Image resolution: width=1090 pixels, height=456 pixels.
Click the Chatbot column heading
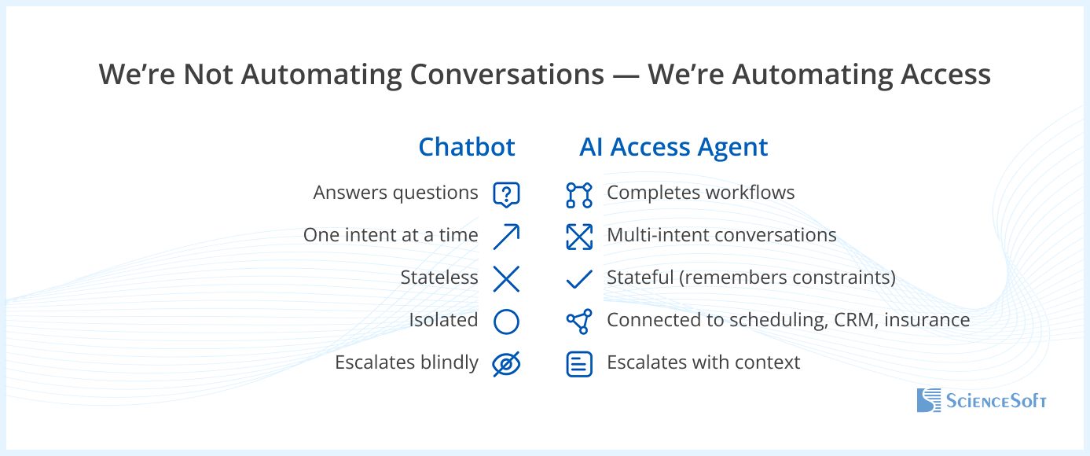click(x=467, y=146)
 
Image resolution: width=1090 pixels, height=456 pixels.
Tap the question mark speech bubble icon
click(x=506, y=195)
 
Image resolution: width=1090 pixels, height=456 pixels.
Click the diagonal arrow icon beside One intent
click(x=506, y=237)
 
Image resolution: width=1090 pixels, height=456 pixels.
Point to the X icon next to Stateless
click(x=506, y=279)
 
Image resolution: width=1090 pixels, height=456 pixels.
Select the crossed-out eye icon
click(x=506, y=364)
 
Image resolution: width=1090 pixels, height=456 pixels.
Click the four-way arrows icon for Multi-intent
click(x=579, y=237)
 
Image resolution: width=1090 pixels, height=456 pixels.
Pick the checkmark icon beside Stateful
click(x=579, y=279)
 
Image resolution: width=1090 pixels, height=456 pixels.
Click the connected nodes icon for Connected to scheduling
click(x=579, y=322)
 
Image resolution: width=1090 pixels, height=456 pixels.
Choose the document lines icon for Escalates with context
click(x=579, y=364)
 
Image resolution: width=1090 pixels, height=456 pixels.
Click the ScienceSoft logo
click(x=982, y=400)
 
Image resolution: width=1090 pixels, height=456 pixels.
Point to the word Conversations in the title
click(x=507, y=75)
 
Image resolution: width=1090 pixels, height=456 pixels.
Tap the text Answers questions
click(x=395, y=193)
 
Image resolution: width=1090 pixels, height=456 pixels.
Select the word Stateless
click(x=439, y=278)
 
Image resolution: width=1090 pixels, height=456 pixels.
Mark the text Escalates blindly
click(x=406, y=362)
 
